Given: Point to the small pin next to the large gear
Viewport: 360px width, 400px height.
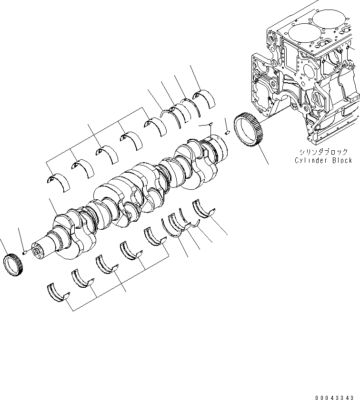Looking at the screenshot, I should click(228, 132).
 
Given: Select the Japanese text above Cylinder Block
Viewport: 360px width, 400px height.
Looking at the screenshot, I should click(323, 152).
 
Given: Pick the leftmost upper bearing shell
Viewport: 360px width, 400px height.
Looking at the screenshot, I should click(59, 181).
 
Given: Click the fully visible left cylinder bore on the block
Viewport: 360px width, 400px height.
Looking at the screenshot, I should click(299, 34).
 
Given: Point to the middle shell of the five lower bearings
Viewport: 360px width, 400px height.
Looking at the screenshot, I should click(107, 265).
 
